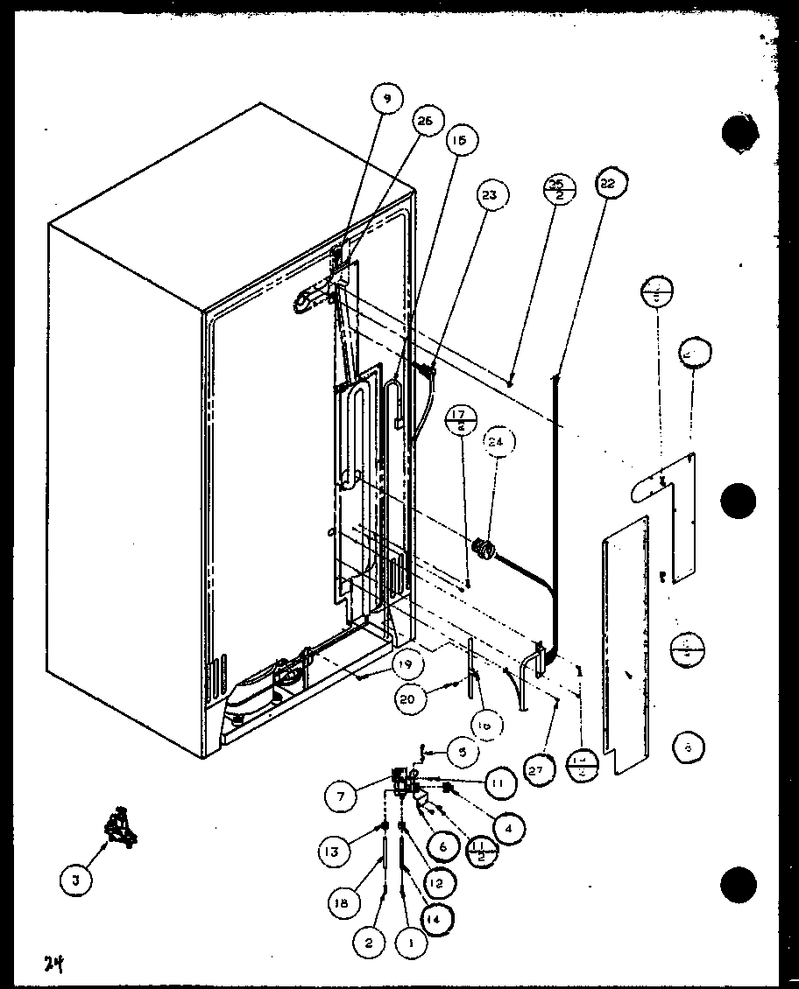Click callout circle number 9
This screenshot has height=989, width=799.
pos(387,100)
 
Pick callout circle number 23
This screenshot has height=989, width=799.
pos(489,195)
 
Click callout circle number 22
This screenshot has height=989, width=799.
pos(607,185)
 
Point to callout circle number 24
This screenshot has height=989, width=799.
pos(497,443)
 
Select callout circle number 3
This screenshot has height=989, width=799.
pos(76,881)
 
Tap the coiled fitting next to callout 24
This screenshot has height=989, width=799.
pos(481,550)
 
